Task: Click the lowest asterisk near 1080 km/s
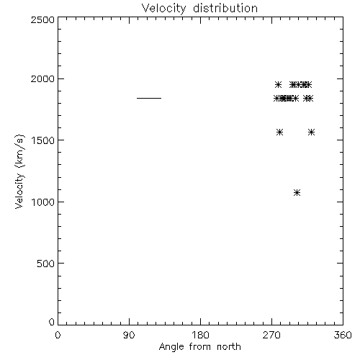(x=297, y=193)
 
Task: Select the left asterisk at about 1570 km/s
(x=279, y=132)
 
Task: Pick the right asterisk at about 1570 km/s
(x=311, y=132)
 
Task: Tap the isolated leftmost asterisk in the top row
(x=278, y=85)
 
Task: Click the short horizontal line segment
(x=149, y=98)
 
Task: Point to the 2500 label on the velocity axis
(x=42, y=19)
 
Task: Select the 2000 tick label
(x=42, y=78)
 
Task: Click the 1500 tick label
(x=43, y=140)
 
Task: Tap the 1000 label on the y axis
(x=43, y=202)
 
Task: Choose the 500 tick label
(x=46, y=264)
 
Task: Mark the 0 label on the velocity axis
(x=52, y=322)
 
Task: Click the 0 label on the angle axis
(x=58, y=335)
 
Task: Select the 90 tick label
(x=129, y=335)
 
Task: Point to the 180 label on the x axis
(x=200, y=335)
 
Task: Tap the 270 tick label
(x=271, y=335)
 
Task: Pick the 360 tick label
(x=343, y=335)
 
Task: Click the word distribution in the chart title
(x=225, y=8)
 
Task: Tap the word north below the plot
(x=229, y=346)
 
